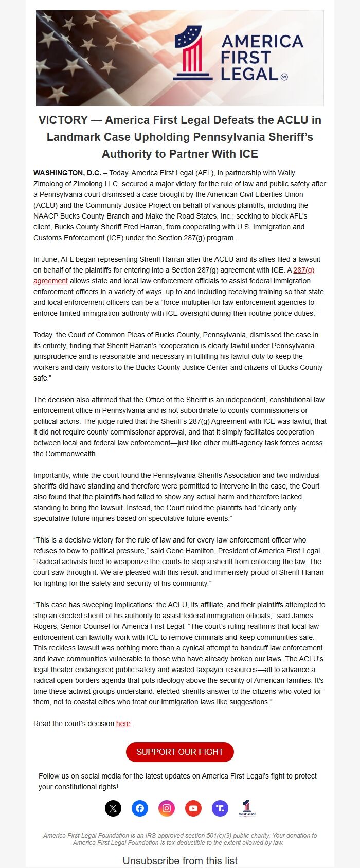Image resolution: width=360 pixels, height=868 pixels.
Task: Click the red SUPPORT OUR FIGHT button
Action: (x=179, y=752)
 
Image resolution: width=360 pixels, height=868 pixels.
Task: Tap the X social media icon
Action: (x=113, y=808)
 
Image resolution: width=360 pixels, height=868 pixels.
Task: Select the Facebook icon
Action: (x=140, y=808)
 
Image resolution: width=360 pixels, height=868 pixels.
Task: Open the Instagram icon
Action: (x=167, y=808)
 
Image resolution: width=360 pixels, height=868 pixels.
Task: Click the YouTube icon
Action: (x=193, y=808)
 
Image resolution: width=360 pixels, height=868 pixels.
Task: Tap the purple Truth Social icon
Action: (x=220, y=808)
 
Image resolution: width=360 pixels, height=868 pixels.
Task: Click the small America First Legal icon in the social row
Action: (x=247, y=808)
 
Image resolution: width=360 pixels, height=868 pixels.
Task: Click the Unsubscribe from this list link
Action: (x=180, y=860)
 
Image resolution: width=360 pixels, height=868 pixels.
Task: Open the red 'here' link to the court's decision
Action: (x=123, y=724)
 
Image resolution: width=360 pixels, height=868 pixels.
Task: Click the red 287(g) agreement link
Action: (x=303, y=270)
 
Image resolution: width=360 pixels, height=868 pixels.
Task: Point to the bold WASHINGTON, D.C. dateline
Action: (x=67, y=173)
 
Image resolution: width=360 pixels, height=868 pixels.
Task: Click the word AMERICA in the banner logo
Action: (x=262, y=41)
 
